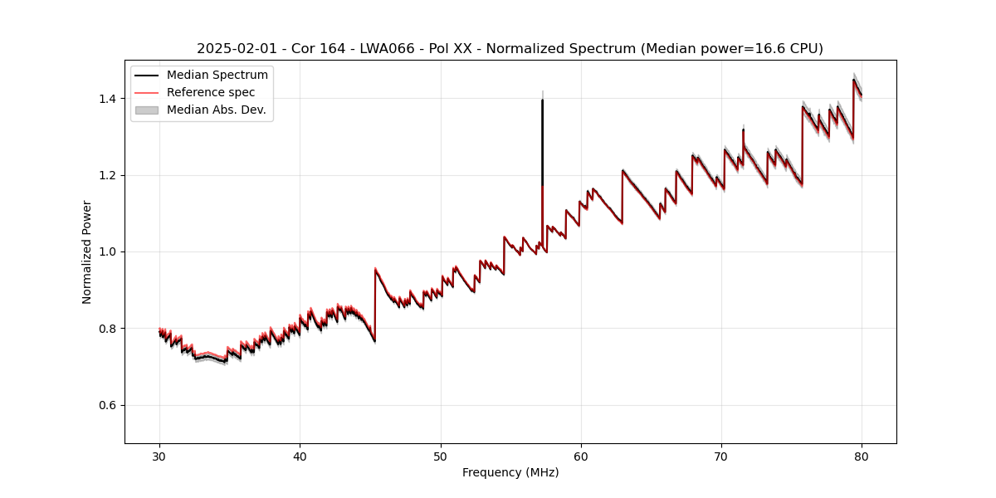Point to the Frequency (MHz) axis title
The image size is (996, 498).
[x=510, y=472]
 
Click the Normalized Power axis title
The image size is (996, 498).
[x=87, y=251]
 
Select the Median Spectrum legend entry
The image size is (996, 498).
[x=217, y=76]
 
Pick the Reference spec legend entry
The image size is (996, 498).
[x=211, y=92]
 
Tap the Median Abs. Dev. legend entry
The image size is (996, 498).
[x=217, y=110]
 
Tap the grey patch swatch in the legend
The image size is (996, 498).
[x=147, y=110]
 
